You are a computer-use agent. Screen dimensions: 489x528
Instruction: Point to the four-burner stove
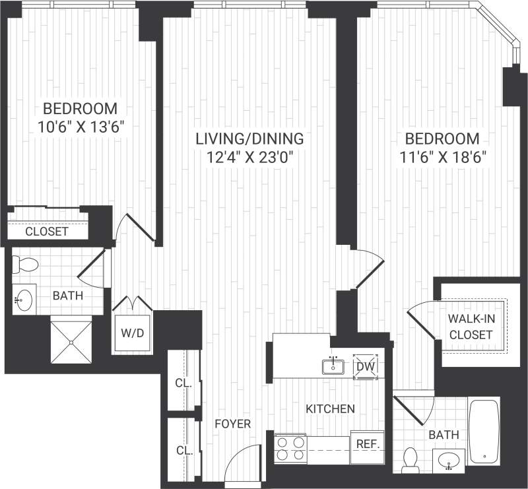(290, 449)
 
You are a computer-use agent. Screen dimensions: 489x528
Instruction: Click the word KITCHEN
(330, 409)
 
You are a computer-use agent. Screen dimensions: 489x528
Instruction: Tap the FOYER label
(233, 424)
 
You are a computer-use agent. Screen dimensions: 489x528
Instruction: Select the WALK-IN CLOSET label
(470, 327)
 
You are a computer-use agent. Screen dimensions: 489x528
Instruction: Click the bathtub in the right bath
(484, 431)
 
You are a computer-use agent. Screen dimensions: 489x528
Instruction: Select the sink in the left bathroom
(24, 301)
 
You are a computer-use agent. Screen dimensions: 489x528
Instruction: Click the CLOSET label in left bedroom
(46, 232)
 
